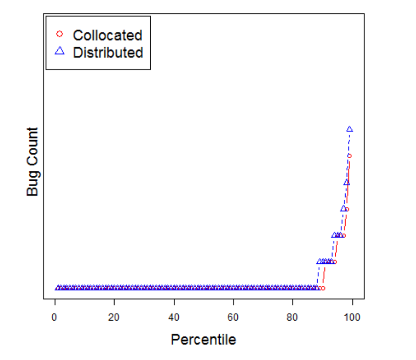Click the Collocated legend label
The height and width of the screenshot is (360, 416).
[x=108, y=35]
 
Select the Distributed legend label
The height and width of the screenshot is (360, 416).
[x=108, y=53]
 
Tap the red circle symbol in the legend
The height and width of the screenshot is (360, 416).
[x=59, y=34]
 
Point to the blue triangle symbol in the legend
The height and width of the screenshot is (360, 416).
[x=59, y=51]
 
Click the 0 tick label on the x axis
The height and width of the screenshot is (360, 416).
[x=55, y=317]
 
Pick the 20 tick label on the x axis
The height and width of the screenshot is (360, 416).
[x=114, y=317]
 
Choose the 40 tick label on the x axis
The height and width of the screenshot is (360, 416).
[x=174, y=317]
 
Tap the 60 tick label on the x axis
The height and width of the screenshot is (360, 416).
[x=233, y=317]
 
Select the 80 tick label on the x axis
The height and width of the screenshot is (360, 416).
[x=293, y=317]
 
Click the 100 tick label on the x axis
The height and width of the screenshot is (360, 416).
[x=352, y=317]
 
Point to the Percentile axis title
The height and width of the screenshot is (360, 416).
[x=203, y=339]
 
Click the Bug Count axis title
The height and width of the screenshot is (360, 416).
[x=32, y=162]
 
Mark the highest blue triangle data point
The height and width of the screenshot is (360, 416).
[x=349, y=129]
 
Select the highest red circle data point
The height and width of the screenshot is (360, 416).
[x=349, y=156]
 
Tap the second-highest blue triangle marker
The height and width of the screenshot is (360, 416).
[x=347, y=182]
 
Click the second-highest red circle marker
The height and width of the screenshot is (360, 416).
[x=347, y=209]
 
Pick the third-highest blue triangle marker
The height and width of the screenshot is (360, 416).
[x=343, y=208]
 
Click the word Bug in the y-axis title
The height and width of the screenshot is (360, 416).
[x=32, y=184]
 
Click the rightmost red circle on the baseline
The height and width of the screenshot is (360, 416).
[x=323, y=288]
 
